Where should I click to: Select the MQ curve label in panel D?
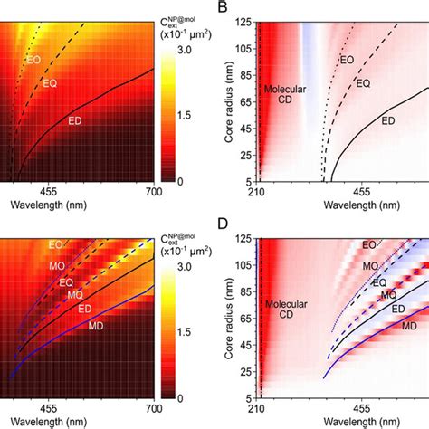tap(388, 295)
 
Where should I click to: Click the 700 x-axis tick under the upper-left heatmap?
tap(154, 192)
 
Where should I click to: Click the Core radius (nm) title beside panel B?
tap(222, 100)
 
